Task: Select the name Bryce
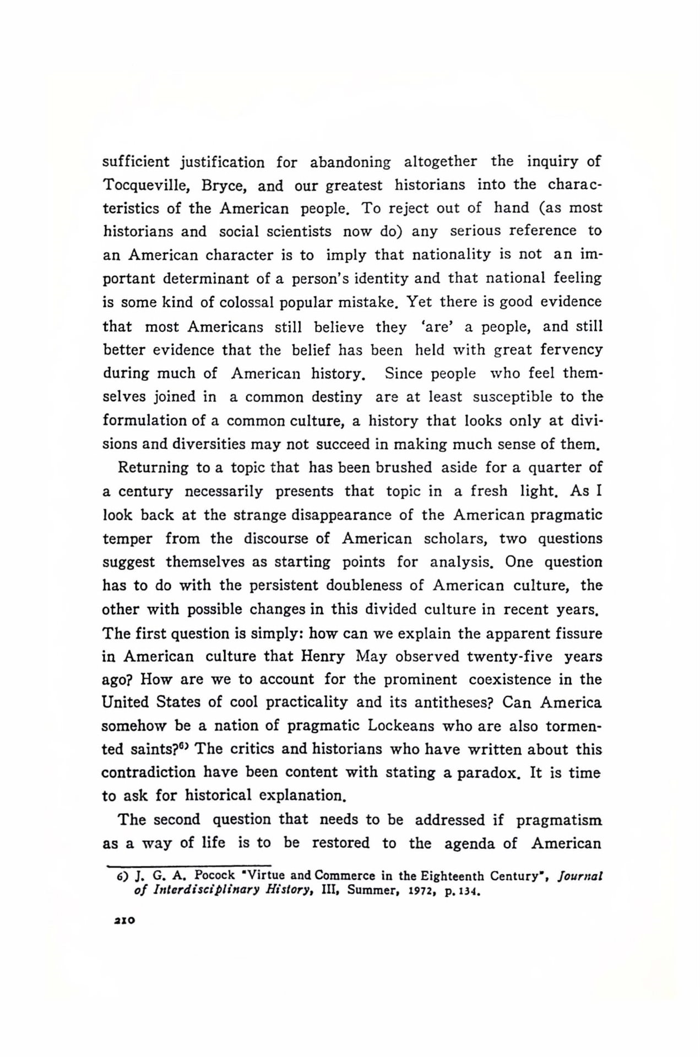(x=219, y=186)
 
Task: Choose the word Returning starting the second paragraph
(x=153, y=468)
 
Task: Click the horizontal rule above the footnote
(x=188, y=865)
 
